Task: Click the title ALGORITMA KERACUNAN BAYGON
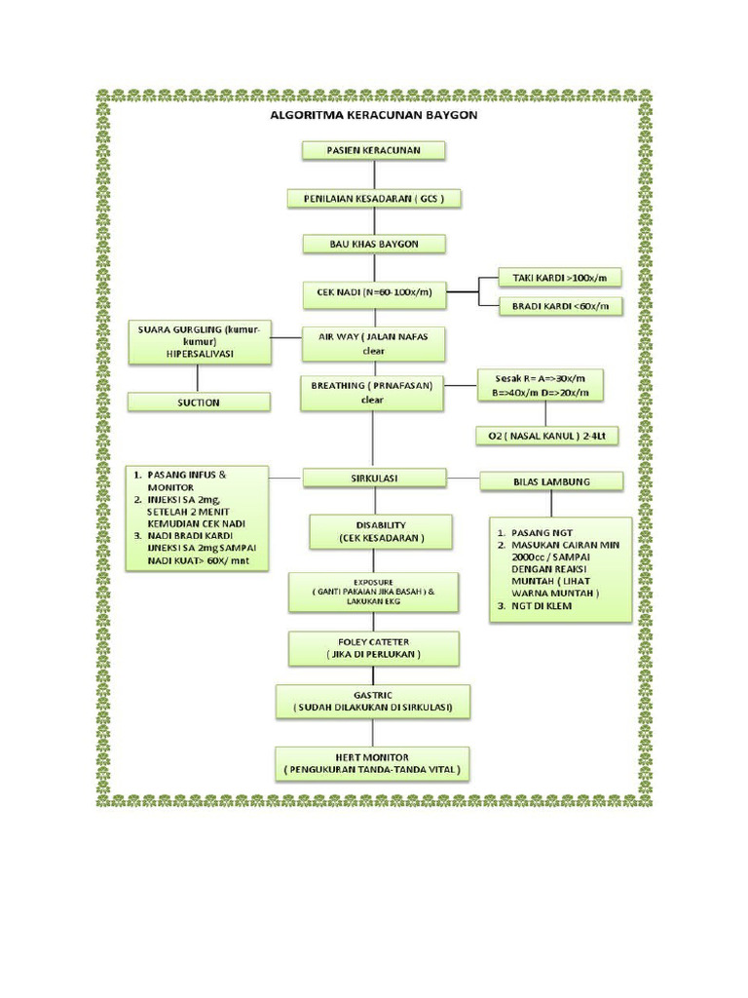pyautogui.click(x=373, y=114)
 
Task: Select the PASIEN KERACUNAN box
pyautogui.click(x=373, y=150)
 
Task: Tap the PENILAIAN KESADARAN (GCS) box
pyautogui.click(x=373, y=199)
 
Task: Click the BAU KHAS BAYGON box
pyautogui.click(x=373, y=244)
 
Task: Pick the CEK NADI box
pyautogui.click(x=373, y=291)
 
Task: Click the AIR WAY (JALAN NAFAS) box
pyautogui.click(x=373, y=343)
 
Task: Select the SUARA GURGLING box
pyautogui.click(x=200, y=343)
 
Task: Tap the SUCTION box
pyautogui.click(x=200, y=402)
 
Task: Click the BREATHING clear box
pyautogui.click(x=373, y=392)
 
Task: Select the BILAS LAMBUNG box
pyautogui.click(x=551, y=480)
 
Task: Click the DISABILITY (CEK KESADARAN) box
pyautogui.click(x=381, y=531)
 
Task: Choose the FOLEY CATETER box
pyautogui.click(x=373, y=648)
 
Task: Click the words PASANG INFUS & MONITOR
pyautogui.click(x=186, y=480)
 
